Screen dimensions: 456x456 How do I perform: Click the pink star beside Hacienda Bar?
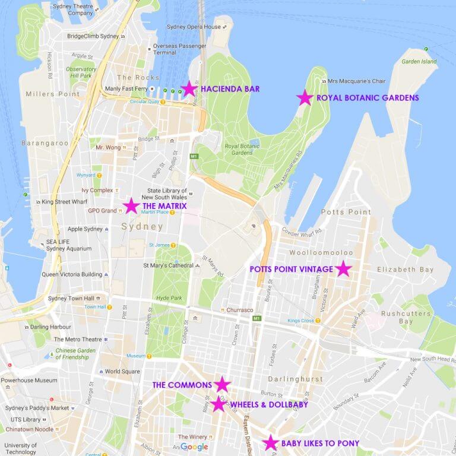[189, 89]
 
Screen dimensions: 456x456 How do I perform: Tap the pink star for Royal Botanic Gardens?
[305, 98]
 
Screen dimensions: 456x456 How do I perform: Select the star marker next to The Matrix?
[131, 206]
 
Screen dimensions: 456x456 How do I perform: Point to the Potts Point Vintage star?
[343, 269]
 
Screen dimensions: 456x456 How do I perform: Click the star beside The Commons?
[222, 384]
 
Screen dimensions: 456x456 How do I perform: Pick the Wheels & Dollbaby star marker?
[218, 404]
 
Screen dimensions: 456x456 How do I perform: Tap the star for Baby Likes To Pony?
[271, 442]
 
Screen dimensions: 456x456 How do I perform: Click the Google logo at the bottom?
[194, 447]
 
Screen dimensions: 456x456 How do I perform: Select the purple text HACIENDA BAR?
[230, 89]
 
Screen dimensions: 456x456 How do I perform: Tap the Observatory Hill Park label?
[80, 72]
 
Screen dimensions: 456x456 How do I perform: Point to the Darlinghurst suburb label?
[295, 379]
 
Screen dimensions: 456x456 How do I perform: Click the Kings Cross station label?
[302, 321]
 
